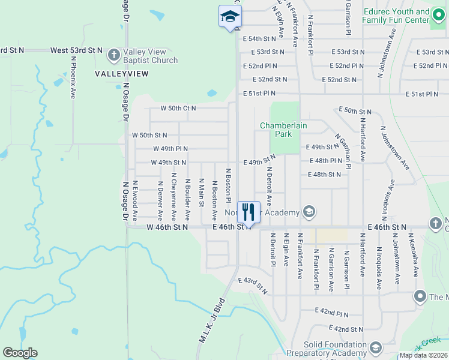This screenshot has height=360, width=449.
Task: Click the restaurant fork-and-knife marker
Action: (249, 211)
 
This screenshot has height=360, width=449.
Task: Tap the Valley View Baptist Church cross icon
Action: (114, 55)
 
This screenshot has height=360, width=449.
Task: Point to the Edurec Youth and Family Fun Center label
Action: (397, 16)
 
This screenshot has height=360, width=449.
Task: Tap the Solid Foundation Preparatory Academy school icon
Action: (376, 347)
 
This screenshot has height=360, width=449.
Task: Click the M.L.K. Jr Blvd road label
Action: (212, 320)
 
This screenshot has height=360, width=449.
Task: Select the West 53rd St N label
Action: (77, 50)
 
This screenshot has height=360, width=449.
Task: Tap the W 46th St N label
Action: (167, 227)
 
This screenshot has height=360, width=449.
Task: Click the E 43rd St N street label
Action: (253, 285)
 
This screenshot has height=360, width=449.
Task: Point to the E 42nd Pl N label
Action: (332, 313)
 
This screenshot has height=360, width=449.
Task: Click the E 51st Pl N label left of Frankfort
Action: (260, 94)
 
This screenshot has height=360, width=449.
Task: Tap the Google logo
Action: (20, 353)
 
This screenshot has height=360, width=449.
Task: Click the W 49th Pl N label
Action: (170, 149)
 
